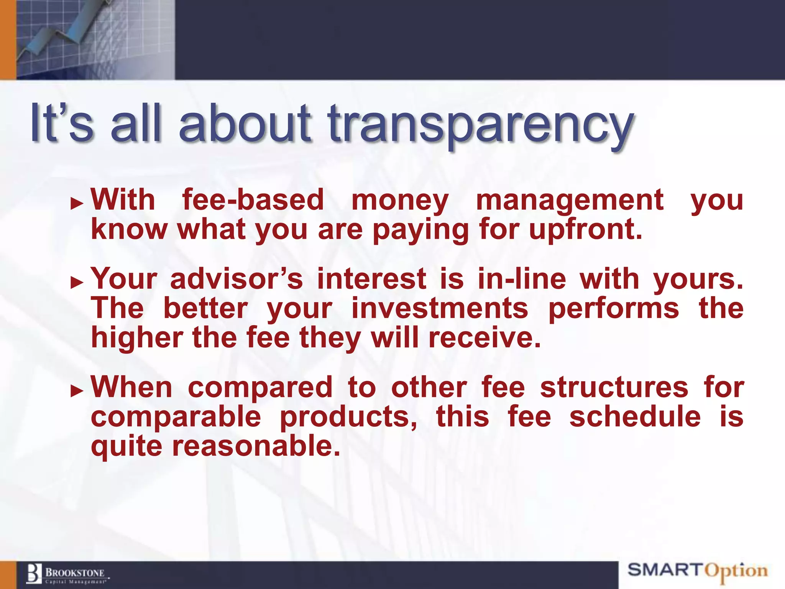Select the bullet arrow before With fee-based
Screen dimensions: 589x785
[77, 204]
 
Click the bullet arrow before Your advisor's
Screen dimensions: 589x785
[77, 283]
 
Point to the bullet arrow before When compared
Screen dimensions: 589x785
[77, 391]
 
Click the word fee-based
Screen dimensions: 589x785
[253, 200]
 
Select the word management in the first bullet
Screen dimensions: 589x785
[570, 201]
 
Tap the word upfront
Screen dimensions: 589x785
[585, 230]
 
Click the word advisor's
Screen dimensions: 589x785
[236, 279]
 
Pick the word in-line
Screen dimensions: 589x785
[522, 279]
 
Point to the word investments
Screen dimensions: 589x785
[440, 309]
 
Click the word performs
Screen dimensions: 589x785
[614, 309]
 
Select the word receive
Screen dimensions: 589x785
[484, 338]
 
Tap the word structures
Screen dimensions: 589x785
[614, 387]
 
